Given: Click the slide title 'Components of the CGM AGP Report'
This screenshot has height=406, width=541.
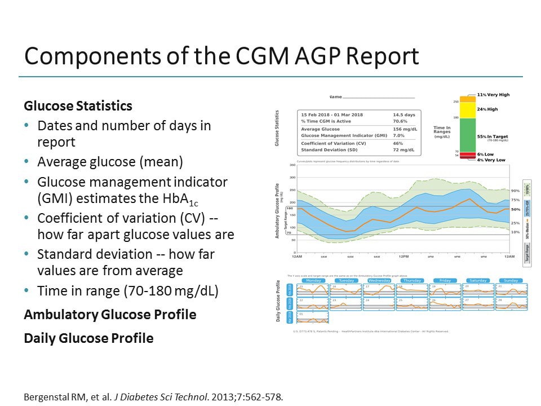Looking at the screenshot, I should coord(221,56).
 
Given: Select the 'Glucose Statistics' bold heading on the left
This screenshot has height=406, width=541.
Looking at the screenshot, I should coord(78,106).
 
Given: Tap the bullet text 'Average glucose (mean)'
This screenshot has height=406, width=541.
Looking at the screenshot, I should coord(110,162).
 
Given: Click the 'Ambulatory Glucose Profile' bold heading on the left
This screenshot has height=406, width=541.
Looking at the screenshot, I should coord(110,315).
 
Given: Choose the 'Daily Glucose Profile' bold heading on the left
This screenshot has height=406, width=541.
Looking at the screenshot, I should coord(88,338).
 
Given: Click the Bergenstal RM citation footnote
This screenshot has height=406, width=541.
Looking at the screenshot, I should coord(152,396).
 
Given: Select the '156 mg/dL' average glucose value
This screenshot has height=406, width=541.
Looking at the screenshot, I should coord(404,129).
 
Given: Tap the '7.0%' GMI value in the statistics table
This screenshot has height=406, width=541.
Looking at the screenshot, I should coord(399,136).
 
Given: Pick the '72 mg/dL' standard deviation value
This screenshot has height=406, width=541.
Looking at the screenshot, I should coord(403,150).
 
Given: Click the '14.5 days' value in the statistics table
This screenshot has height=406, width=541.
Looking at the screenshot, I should coord(404,115).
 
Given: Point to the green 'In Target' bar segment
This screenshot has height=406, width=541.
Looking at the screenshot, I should coord(468,135).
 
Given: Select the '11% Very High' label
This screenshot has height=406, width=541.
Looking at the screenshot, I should coord(493,95).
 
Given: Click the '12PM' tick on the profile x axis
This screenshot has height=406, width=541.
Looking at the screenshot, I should coord(403,257).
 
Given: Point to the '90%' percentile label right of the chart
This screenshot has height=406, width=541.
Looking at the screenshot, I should coord(515,191).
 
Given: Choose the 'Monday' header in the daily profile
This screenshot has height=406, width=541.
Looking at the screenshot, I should coord(313,280).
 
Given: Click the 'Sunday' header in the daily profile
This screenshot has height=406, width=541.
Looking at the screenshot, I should coord(511,280).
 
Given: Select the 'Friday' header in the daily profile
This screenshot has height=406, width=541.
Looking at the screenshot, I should coord(445,280).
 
